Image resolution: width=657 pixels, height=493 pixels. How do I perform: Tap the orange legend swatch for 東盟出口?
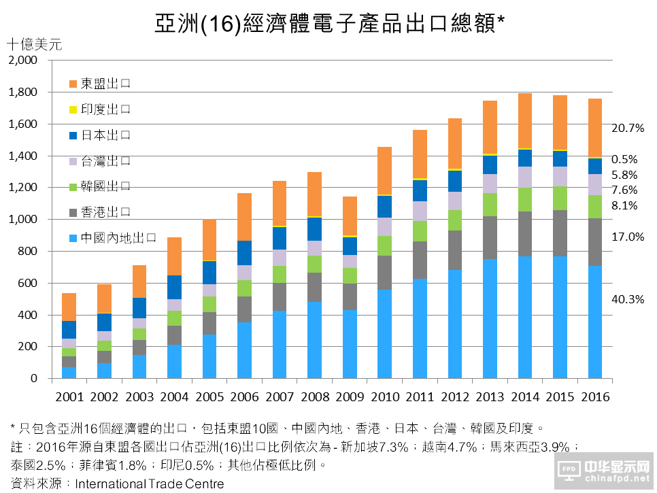tap(73, 84)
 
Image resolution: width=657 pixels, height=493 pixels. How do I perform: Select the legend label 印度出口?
tap(105, 109)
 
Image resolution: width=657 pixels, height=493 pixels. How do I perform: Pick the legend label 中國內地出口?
tap(118, 238)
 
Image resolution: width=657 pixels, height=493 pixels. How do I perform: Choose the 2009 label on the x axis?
tap(350, 396)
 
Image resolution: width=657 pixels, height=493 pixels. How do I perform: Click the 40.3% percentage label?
tap(628, 299)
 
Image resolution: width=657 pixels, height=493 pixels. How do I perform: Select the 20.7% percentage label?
tap(628, 128)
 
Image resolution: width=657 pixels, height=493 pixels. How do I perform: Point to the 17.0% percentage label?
tap(628, 237)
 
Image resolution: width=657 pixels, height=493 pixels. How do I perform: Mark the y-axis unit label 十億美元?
tap(34, 45)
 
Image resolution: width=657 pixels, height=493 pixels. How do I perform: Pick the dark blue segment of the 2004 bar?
tap(174, 287)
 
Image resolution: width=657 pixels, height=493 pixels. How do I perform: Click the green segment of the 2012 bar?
tap(456, 220)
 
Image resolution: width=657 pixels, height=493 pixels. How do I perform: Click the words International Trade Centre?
tap(150, 484)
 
